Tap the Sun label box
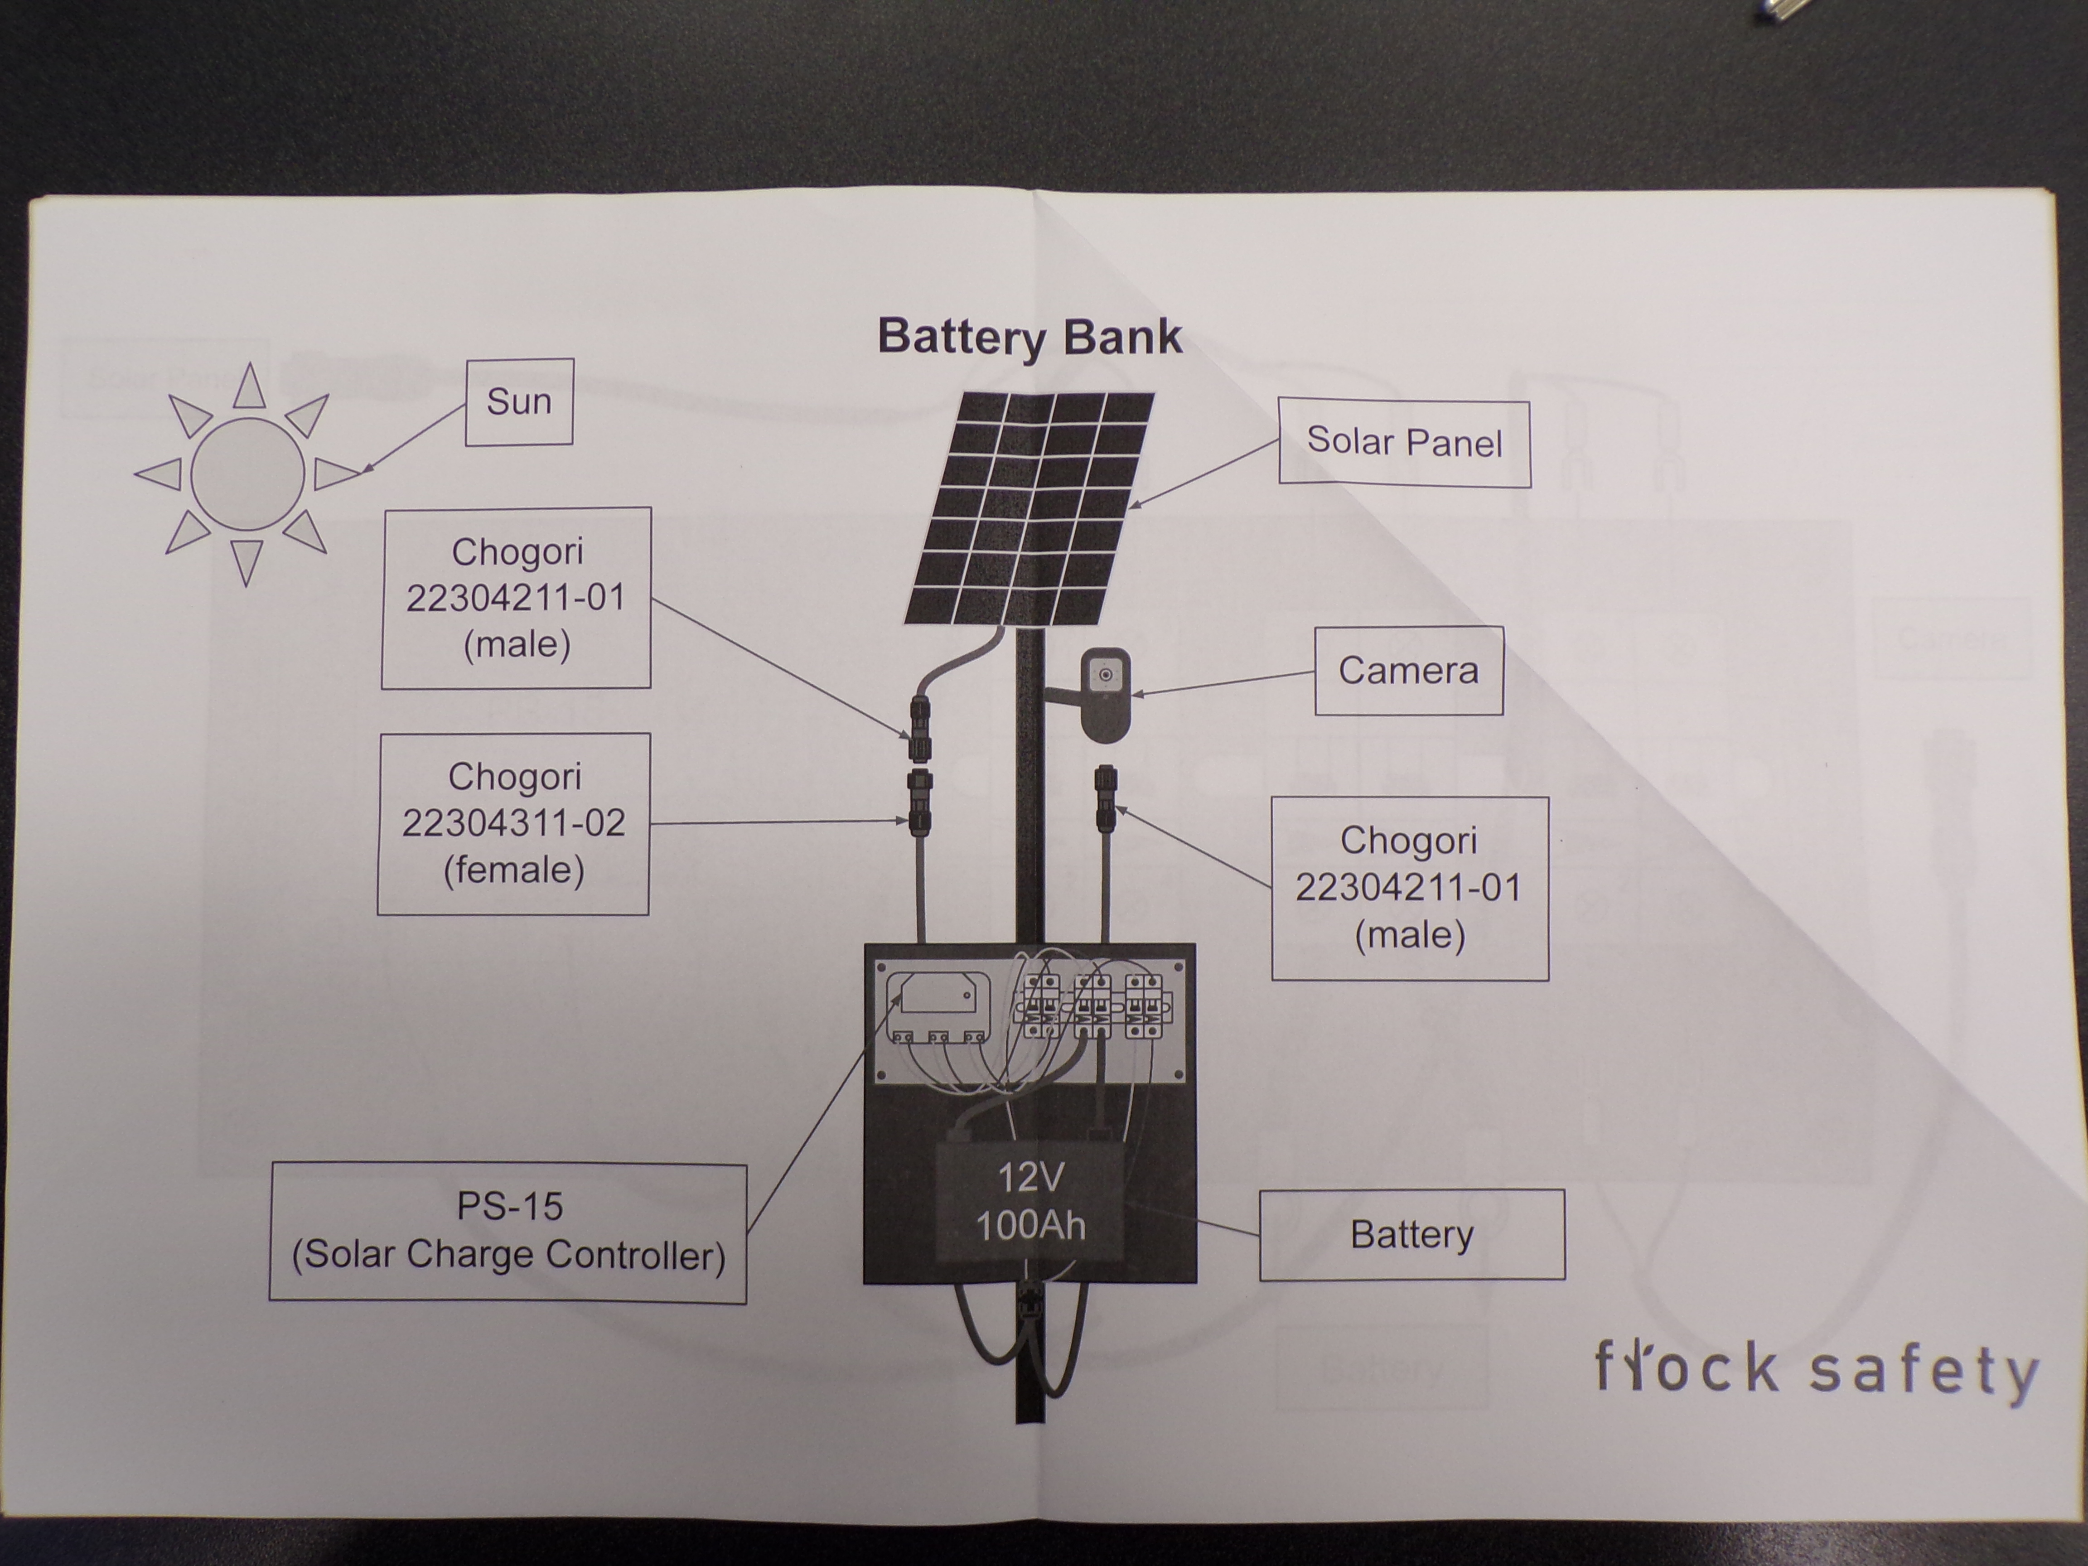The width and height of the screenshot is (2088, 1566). pos(519,401)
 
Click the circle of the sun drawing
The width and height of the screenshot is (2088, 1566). pos(247,474)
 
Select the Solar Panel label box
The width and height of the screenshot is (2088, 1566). pos(1404,443)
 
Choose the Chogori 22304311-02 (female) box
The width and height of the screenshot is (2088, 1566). pos(513,823)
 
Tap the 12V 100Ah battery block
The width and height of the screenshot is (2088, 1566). pos(1030,1201)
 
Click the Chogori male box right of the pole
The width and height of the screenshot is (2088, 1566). pos(1409,887)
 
